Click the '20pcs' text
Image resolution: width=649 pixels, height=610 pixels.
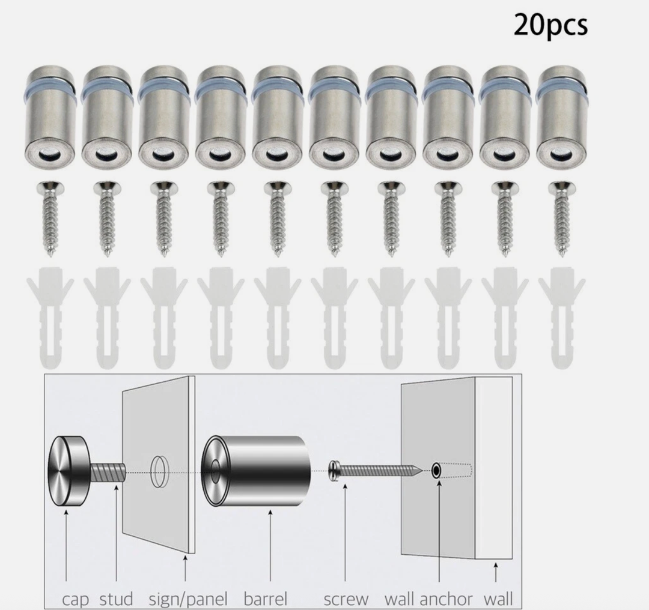pos(550,25)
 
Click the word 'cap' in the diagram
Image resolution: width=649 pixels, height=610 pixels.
pos(75,599)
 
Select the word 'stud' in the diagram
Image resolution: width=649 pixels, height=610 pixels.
pos(116,599)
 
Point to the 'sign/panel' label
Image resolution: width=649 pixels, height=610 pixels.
pos(189,599)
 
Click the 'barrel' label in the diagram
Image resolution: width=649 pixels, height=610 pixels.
pos(266,599)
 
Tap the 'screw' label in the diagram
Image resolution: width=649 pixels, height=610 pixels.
pos(346,599)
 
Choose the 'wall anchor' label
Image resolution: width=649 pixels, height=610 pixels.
pos(428,599)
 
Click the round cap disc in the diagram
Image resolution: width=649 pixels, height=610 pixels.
pos(67,467)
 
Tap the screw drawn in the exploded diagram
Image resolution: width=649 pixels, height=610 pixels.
pos(376,469)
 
